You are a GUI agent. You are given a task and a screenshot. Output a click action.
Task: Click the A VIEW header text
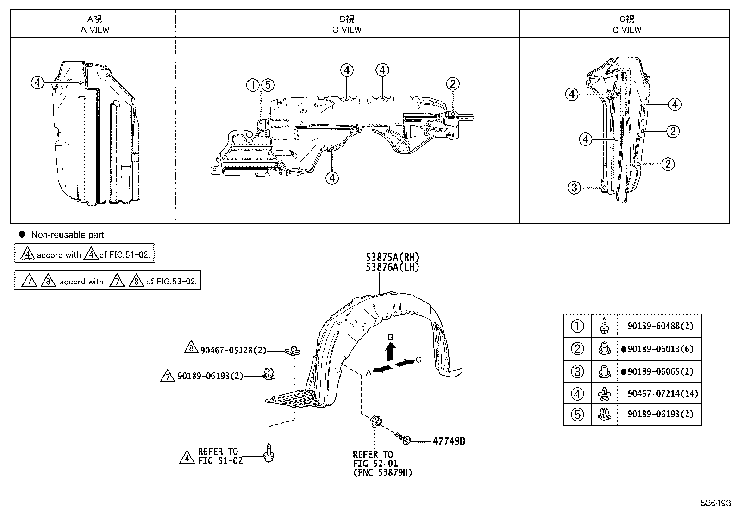(x=95, y=30)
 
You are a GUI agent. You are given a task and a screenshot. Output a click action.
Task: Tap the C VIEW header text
(x=627, y=30)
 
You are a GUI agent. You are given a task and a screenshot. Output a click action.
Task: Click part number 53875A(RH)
(x=392, y=258)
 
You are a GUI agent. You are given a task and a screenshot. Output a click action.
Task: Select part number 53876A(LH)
(x=392, y=267)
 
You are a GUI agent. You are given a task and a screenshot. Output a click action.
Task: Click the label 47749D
(x=449, y=441)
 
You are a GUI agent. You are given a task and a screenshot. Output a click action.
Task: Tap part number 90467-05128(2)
(x=233, y=350)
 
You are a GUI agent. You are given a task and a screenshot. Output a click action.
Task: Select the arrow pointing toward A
(x=383, y=369)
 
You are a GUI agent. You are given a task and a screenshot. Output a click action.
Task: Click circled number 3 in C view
(x=574, y=188)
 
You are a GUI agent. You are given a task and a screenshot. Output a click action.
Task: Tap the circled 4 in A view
(x=38, y=83)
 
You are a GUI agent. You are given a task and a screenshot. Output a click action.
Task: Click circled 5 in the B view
(x=268, y=85)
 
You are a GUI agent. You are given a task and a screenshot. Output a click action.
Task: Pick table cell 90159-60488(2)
(x=660, y=326)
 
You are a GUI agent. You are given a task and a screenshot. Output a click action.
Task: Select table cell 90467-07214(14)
(x=662, y=394)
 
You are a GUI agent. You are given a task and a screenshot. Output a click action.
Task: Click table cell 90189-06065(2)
(x=660, y=371)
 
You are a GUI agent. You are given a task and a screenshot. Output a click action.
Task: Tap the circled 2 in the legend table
(x=577, y=349)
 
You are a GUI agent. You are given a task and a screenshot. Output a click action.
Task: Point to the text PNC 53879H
(x=382, y=472)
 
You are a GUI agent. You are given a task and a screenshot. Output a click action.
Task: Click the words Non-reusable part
(x=68, y=235)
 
